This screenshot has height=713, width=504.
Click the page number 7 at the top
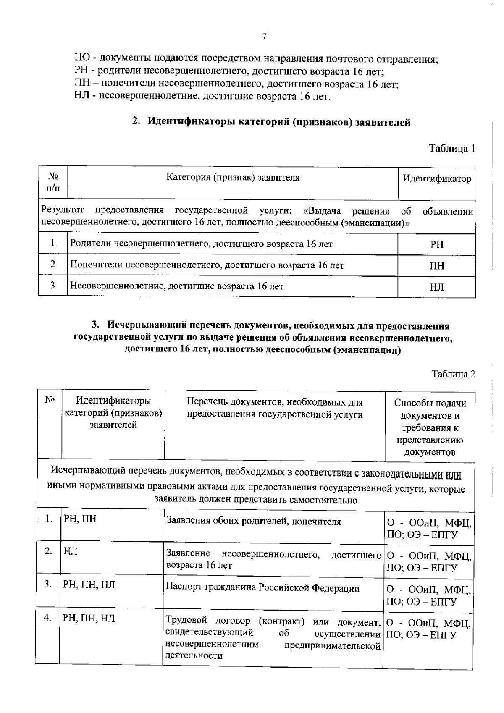pyautogui.click(x=264, y=37)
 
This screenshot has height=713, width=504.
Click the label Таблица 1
pyautogui.click(x=451, y=149)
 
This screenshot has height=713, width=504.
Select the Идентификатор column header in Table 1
pyautogui.click(x=437, y=178)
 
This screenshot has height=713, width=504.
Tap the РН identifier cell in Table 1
pyautogui.click(x=437, y=245)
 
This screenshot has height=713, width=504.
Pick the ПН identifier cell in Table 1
pyautogui.click(x=437, y=266)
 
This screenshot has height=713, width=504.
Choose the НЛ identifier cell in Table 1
pyautogui.click(x=437, y=287)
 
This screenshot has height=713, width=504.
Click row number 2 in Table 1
pyautogui.click(x=53, y=264)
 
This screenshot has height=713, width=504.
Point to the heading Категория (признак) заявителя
pyautogui.click(x=233, y=177)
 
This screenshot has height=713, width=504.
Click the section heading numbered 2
pyautogui.click(x=271, y=123)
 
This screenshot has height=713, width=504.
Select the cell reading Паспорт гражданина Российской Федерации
pyautogui.click(x=263, y=588)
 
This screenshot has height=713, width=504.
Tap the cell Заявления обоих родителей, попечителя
pyautogui.click(x=254, y=522)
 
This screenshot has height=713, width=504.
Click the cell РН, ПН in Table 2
pyautogui.click(x=80, y=519)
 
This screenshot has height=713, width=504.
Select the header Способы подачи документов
pyautogui.click(x=430, y=427)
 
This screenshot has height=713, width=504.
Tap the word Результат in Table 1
pyautogui.click(x=63, y=210)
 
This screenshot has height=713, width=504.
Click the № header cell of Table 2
pyautogui.click(x=50, y=401)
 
